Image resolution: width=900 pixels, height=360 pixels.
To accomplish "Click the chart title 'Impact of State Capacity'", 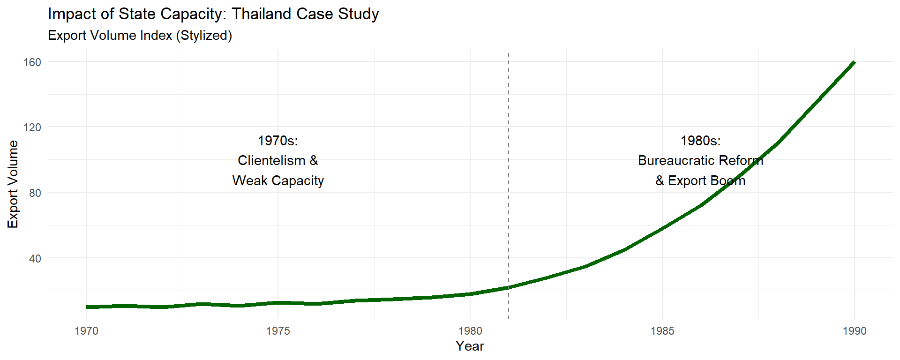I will click(213, 14).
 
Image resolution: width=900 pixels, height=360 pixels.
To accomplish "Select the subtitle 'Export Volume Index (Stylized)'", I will click(140, 36).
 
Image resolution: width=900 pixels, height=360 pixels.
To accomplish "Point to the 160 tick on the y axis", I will click(32, 62).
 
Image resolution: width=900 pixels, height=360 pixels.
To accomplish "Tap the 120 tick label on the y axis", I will click(32, 127).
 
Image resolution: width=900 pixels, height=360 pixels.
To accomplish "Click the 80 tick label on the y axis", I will click(35, 193).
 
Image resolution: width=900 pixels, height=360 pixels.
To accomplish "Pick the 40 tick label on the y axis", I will click(35, 258).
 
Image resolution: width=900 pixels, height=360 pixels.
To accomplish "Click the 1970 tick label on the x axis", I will click(86, 331).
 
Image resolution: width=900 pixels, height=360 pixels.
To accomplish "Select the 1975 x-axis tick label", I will click(278, 331).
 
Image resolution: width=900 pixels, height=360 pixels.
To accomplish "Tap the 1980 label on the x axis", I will click(470, 331).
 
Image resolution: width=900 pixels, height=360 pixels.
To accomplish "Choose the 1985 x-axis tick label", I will click(662, 331).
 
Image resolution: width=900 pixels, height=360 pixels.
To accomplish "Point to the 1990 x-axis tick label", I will click(855, 331).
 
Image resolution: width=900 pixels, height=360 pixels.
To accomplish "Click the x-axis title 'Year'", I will click(470, 346).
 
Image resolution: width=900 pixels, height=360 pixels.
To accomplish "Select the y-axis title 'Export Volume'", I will click(13, 184).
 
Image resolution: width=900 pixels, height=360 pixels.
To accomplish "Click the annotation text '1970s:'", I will click(278, 141).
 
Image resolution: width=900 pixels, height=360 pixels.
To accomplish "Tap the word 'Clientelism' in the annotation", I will click(271, 161).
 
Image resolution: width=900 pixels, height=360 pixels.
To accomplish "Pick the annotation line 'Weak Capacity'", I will click(278, 181).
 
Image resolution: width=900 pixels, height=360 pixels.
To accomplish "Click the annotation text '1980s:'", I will click(701, 141).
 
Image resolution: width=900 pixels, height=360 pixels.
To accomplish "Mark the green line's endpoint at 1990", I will click(854, 62).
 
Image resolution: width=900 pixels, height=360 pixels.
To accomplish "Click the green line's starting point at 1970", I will click(87, 307).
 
